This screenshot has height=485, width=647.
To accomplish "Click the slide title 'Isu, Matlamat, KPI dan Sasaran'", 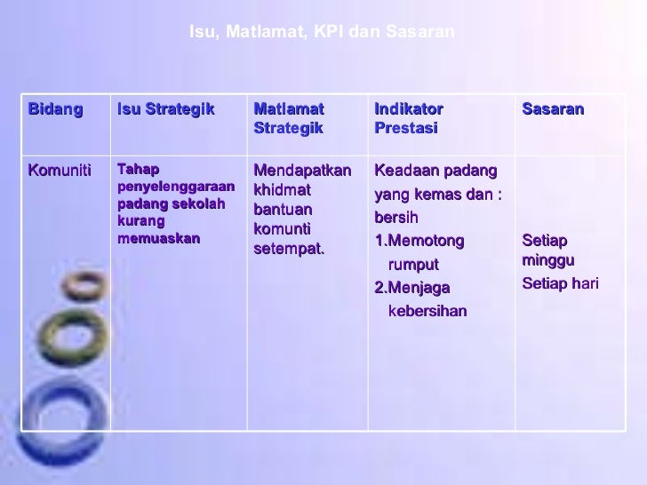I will [x=323, y=32].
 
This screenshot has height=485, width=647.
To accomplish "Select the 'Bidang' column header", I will [x=55, y=109].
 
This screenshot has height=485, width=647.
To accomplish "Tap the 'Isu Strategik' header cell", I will [x=166, y=109].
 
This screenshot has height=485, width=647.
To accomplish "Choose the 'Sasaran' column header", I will [x=553, y=109].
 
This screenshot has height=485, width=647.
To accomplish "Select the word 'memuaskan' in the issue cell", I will [x=158, y=239].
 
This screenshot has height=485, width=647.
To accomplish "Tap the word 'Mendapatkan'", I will [x=302, y=170].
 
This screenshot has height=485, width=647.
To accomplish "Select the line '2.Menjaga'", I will [x=412, y=287].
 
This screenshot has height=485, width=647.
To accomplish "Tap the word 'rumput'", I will [x=414, y=265].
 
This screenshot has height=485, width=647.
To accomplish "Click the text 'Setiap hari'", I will [x=560, y=283].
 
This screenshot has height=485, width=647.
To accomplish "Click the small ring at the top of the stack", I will [x=85, y=285].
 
